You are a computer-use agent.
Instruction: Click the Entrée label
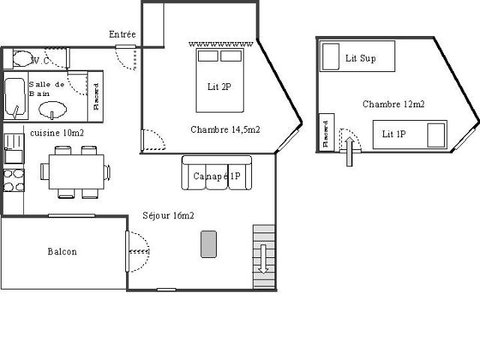[122, 34]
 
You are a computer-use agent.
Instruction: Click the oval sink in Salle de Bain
[52, 111]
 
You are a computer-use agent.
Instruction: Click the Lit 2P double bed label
[219, 86]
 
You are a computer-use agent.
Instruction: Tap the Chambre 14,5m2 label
[225, 129]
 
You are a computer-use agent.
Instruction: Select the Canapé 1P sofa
[216, 173]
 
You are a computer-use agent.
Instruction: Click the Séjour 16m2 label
[169, 216]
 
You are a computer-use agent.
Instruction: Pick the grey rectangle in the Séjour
[208, 244]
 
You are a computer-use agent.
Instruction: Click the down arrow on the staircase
[263, 259]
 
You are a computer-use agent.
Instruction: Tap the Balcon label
[61, 252]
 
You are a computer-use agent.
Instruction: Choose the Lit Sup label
[360, 58]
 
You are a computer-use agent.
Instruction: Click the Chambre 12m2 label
[394, 104]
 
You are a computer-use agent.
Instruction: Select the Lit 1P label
[394, 134]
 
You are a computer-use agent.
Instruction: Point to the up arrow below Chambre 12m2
[348, 150]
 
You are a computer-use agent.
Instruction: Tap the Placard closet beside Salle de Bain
[97, 96]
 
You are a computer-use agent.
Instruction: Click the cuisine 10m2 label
[57, 132]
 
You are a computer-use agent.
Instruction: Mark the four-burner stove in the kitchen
[13, 180]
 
